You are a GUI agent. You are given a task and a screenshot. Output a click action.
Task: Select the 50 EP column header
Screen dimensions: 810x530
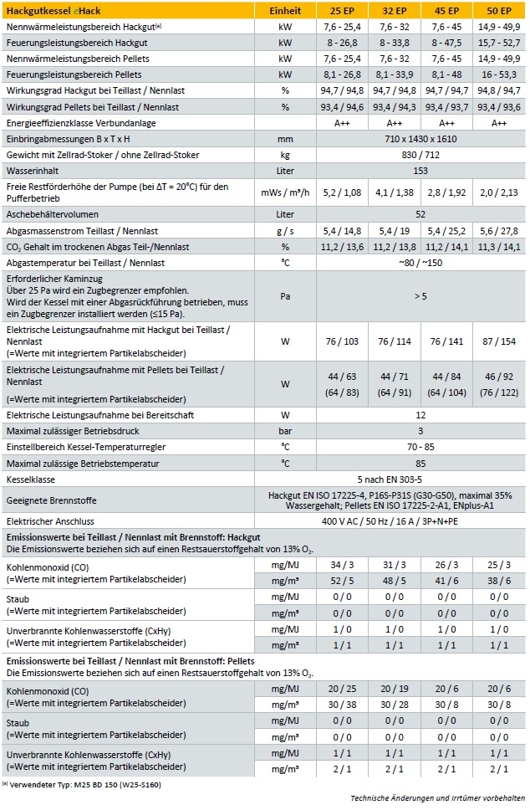coord(499,11)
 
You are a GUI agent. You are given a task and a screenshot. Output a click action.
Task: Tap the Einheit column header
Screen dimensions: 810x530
coord(285,11)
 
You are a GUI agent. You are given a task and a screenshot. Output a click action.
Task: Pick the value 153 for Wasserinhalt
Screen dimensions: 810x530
coord(420,170)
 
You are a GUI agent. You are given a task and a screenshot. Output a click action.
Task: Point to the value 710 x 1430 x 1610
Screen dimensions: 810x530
coord(420,139)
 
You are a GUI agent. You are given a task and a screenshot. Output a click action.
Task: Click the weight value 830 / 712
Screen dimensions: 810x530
coord(420,155)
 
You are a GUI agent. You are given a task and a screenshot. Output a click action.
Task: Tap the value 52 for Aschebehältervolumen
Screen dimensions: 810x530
coord(420,214)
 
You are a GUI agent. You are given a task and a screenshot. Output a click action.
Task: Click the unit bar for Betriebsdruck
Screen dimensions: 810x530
coord(285,429)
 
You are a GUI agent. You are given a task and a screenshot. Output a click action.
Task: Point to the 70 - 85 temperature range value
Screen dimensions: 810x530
coord(420,445)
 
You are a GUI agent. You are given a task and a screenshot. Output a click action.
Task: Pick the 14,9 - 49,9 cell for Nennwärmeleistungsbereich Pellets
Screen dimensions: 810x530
coord(499,59)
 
